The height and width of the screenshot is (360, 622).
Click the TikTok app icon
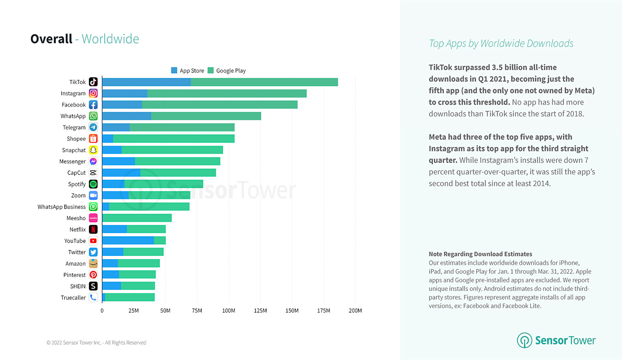coord(93,82)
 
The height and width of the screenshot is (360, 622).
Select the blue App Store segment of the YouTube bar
coord(128,241)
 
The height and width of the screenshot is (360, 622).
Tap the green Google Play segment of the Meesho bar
coord(137,218)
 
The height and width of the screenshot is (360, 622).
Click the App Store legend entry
coord(187,70)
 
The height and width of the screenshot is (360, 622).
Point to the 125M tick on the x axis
coord(260,311)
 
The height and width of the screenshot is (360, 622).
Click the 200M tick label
coord(355,311)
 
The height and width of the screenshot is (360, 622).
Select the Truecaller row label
coord(73,298)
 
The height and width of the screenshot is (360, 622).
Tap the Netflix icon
coord(93,229)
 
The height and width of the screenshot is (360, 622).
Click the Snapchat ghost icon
coord(93,150)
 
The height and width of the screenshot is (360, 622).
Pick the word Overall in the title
coord(51,39)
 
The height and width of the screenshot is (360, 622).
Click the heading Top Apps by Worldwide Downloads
coord(501,43)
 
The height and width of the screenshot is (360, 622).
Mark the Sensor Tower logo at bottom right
coord(556,340)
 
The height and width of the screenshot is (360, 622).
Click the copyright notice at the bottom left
coord(96,343)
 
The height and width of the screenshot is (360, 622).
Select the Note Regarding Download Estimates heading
coord(480,254)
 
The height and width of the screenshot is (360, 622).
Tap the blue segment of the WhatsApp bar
coord(127,116)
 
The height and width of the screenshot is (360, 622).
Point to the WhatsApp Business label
coord(61,207)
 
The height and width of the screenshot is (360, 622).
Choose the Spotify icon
coord(93,184)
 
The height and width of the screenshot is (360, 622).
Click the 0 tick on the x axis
coord(102,311)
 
